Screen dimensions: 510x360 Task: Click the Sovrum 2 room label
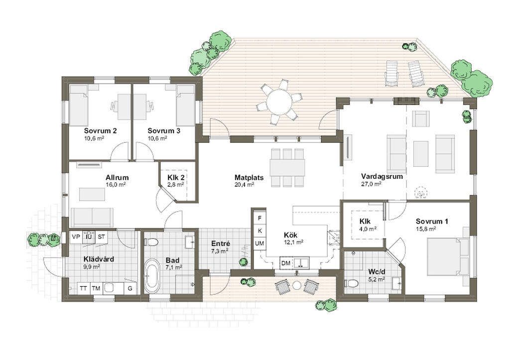(x=100, y=131)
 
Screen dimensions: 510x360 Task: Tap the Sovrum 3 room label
(x=163, y=131)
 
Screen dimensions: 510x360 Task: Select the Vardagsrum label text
(x=382, y=177)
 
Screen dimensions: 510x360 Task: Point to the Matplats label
(x=249, y=178)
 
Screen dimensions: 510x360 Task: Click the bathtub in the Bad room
(x=151, y=276)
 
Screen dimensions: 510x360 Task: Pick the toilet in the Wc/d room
(x=351, y=283)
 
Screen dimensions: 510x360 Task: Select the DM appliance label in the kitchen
(x=285, y=263)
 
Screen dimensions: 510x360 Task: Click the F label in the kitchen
(x=259, y=218)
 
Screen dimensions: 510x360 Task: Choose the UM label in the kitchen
(x=259, y=243)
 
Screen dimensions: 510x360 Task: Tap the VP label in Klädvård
(x=76, y=237)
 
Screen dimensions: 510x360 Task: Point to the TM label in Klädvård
(x=96, y=288)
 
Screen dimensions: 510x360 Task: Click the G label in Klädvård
(x=130, y=288)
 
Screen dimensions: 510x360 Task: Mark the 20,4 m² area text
(x=244, y=185)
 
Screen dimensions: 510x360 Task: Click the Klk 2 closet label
(x=176, y=178)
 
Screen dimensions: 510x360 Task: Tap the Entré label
(x=221, y=243)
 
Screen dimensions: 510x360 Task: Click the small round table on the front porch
(x=297, y=285)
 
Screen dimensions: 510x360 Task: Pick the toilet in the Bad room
(x=151, y=242)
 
